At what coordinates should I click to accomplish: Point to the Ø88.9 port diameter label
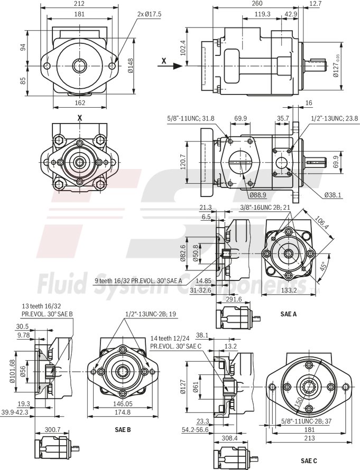257,180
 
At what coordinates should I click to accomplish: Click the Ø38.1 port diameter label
333,195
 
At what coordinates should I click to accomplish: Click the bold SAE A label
289,314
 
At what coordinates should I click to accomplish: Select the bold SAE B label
123,429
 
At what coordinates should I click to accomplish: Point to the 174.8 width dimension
123,412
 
